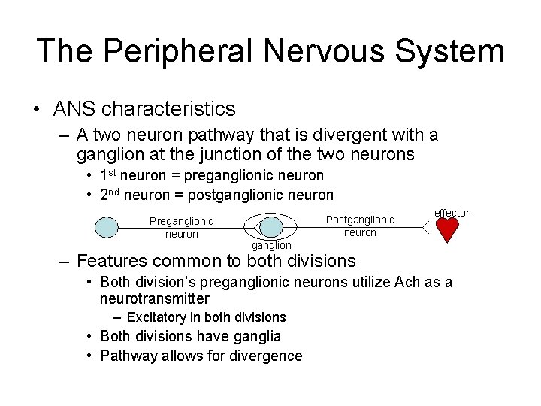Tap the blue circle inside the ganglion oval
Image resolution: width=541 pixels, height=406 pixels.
coord(270,226)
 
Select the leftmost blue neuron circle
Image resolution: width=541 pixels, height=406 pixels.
coord(109,226)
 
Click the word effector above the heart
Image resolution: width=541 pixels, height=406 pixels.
coord(452,213)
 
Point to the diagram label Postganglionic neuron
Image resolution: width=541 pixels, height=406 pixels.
coord(360,226)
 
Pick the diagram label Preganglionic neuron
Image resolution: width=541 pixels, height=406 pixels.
coord(181,227)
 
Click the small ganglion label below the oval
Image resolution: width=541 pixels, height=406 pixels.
coord(271,245)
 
